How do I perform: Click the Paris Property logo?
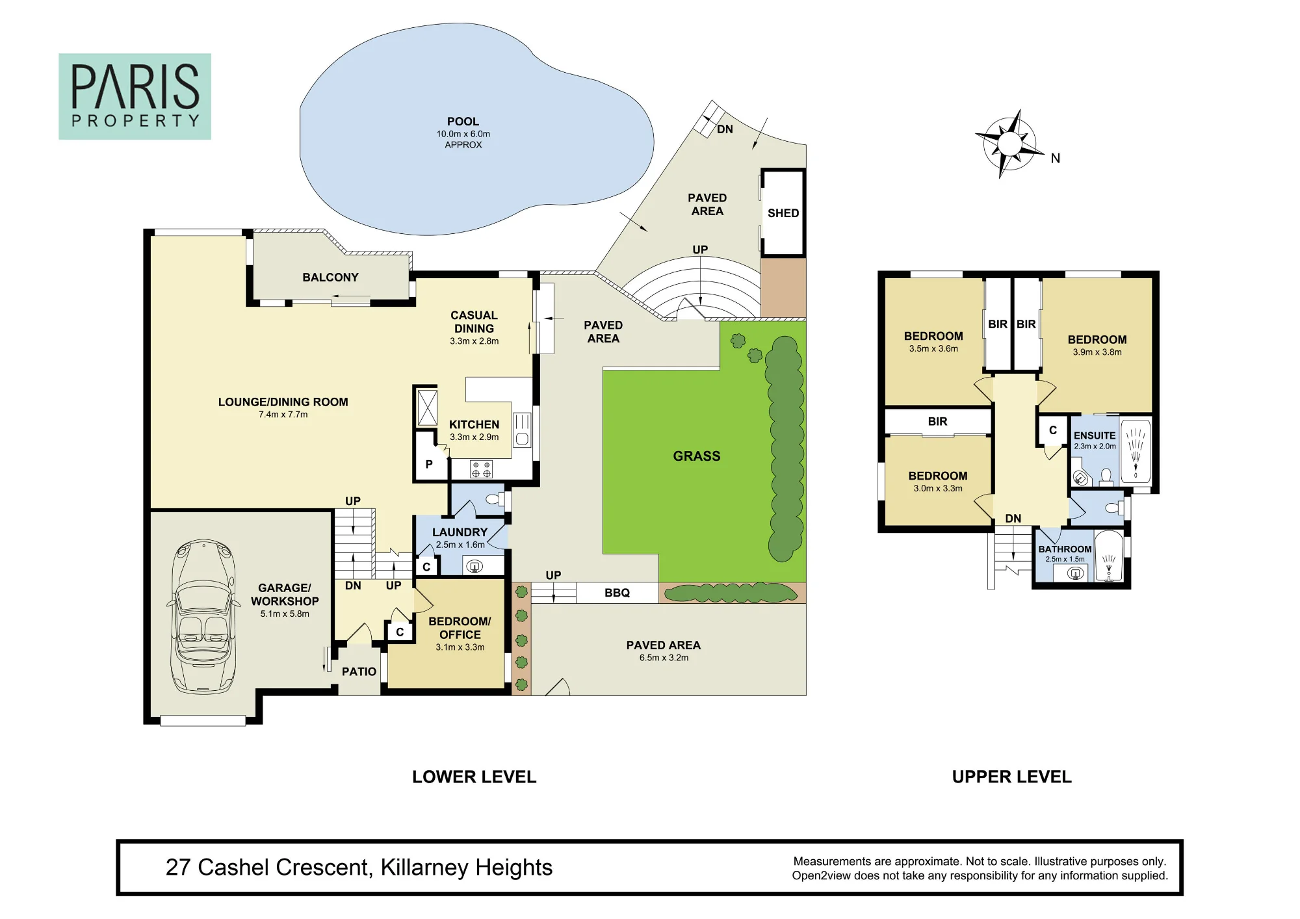tap(135, 96)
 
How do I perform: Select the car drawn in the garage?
tap(203, 616)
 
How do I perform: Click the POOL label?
tap(463, 122)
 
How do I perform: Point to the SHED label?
tap(783, 213)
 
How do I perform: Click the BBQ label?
tap(617, 593)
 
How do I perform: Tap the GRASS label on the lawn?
tap(697, 456)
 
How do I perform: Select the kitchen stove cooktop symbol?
tap(481, 469)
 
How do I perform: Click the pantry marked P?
tap(429, 464)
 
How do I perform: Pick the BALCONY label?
tap(330, 278)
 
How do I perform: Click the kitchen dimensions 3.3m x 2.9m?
tap(474, 437)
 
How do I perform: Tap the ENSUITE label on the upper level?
tap(1095, 435)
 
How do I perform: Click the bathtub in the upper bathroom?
tap(1109, 557)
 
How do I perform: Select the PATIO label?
tap(359, 672)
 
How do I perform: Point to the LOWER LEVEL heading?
tap(474, 777)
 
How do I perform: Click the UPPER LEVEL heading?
tap(1012, 777)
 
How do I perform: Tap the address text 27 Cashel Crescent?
tap(269, 868)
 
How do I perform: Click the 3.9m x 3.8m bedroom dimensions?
tap(1097, 352)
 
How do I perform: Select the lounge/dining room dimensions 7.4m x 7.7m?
tap(283, 415)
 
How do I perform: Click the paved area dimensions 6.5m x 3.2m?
tap(664, 658)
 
